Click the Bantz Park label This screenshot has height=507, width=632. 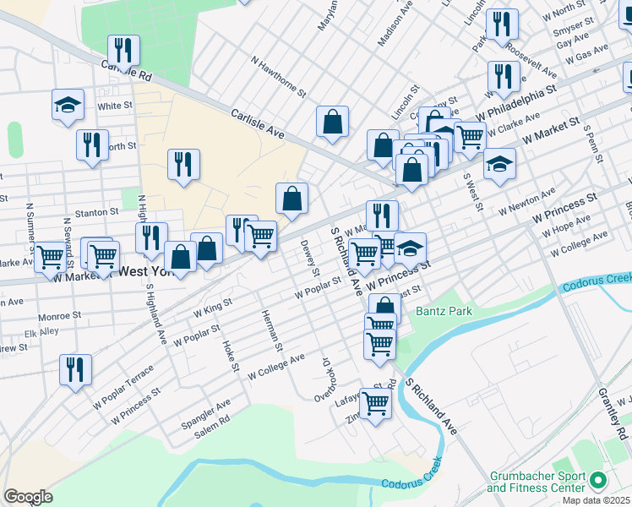pyautogui.click(x=444, y=312)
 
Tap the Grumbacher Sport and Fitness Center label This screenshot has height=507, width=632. pyautogui.click(x=536, y=482)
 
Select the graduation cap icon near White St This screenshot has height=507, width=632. pyautogui.click(x=68, y=106)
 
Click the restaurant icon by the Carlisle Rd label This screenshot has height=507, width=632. pyautogui.click(x=123, y=51)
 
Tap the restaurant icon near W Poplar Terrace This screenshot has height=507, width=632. pyautogui.click(x=75, y=369)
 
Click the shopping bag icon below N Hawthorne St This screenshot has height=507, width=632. pyautogui.click(x=333, y=121)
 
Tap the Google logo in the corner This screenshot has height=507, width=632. pyautogui.click(x=27, y=497)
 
